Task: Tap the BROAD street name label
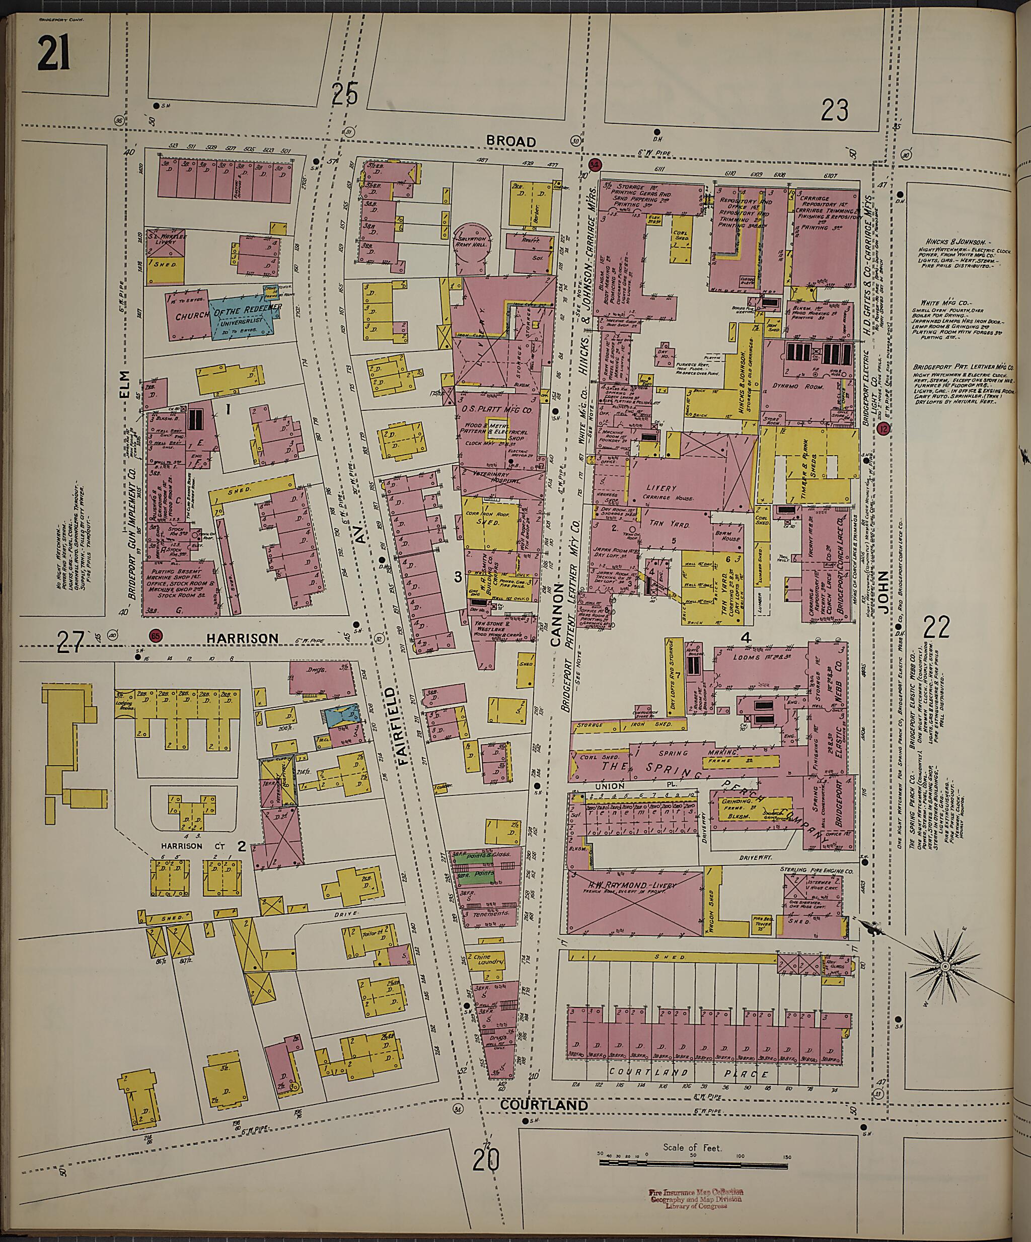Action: click(511, 141)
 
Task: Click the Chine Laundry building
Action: click(486, 958)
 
